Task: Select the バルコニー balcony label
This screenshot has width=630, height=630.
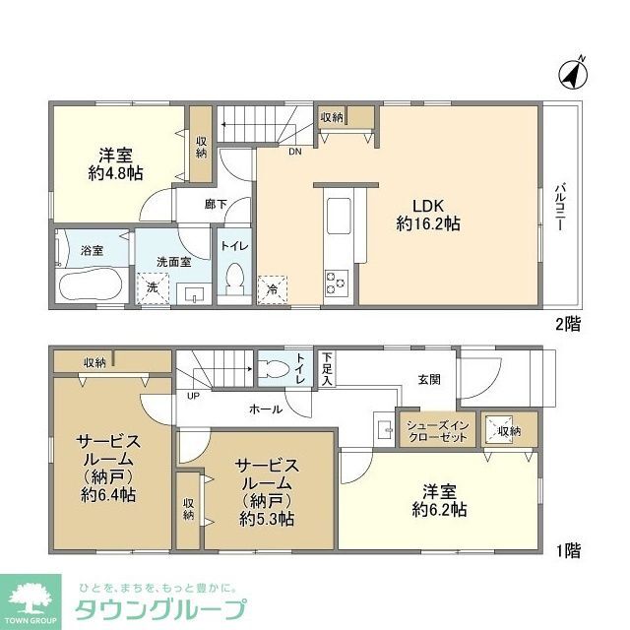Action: click(x=558, y=206)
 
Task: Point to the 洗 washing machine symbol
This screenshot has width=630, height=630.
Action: click(x=153, y=288)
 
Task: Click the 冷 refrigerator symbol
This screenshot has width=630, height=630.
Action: click(x=272, y=289)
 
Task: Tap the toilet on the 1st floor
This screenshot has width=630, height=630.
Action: click(x=279, y=370)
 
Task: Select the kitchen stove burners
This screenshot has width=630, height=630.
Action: click(x=335, y=283)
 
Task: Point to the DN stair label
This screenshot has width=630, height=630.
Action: click(x=294, y=152)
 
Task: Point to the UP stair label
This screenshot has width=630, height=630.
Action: click(x=194, y=397)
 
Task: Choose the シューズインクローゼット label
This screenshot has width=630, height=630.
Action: click(x=434, y=430)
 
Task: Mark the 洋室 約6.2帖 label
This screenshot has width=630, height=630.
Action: click(x=438, y=501)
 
